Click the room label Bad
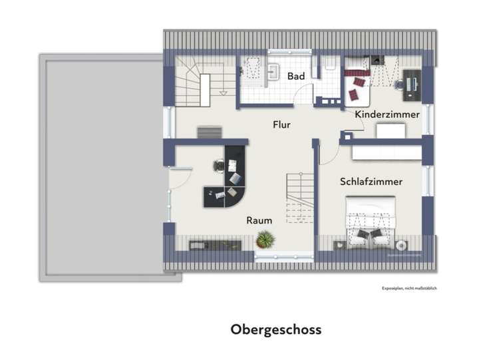296,77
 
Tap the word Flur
281,124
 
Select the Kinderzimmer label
387,114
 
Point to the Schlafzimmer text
371,181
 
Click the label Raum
258,220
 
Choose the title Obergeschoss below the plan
276,329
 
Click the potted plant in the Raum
265,239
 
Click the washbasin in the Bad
275,69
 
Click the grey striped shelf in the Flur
210,132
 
